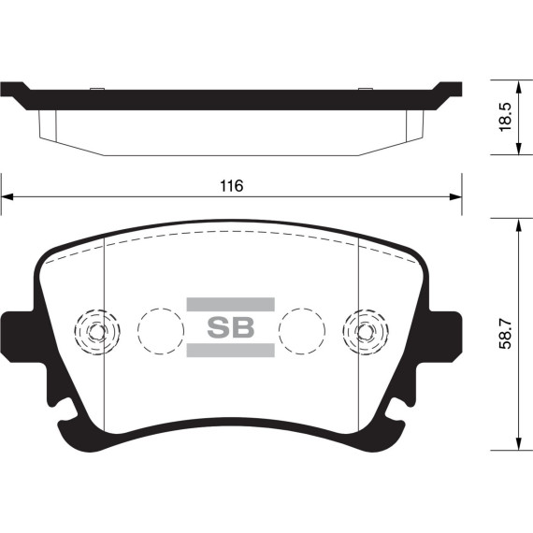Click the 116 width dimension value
[x=231, y=186]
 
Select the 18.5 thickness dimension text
[x=505, y=118]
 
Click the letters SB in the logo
[x=230, y=328]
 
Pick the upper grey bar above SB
[x=230, y=303]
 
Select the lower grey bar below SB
[x=230, y=352]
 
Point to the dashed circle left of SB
[x=160, y=330]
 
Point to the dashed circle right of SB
[x=302, y=330]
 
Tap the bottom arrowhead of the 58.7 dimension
[x=519, y=448]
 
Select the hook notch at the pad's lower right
[x=396, y=409]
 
